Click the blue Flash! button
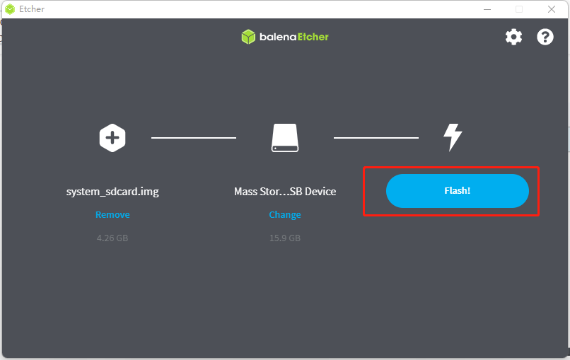point(458,191)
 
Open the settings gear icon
point(513,37)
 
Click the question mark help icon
point(545,37)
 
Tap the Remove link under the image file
point(112,214)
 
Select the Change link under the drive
point(284,214)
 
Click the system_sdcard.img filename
point(112,191)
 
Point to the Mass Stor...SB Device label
point(285,191)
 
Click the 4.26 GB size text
point(112,238)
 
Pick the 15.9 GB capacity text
point(284,238)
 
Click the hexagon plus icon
point(112,138)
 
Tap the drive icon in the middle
point(285,138)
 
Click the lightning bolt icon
point(453,137)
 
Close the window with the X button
point(552,9)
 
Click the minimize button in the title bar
point(487,9)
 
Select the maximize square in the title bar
point(519,9)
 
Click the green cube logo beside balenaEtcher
point(248,37)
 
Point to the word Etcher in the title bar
point(32,9)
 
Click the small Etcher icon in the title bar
point(10,9)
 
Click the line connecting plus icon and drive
point(194,138)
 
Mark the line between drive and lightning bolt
point(376,138)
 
